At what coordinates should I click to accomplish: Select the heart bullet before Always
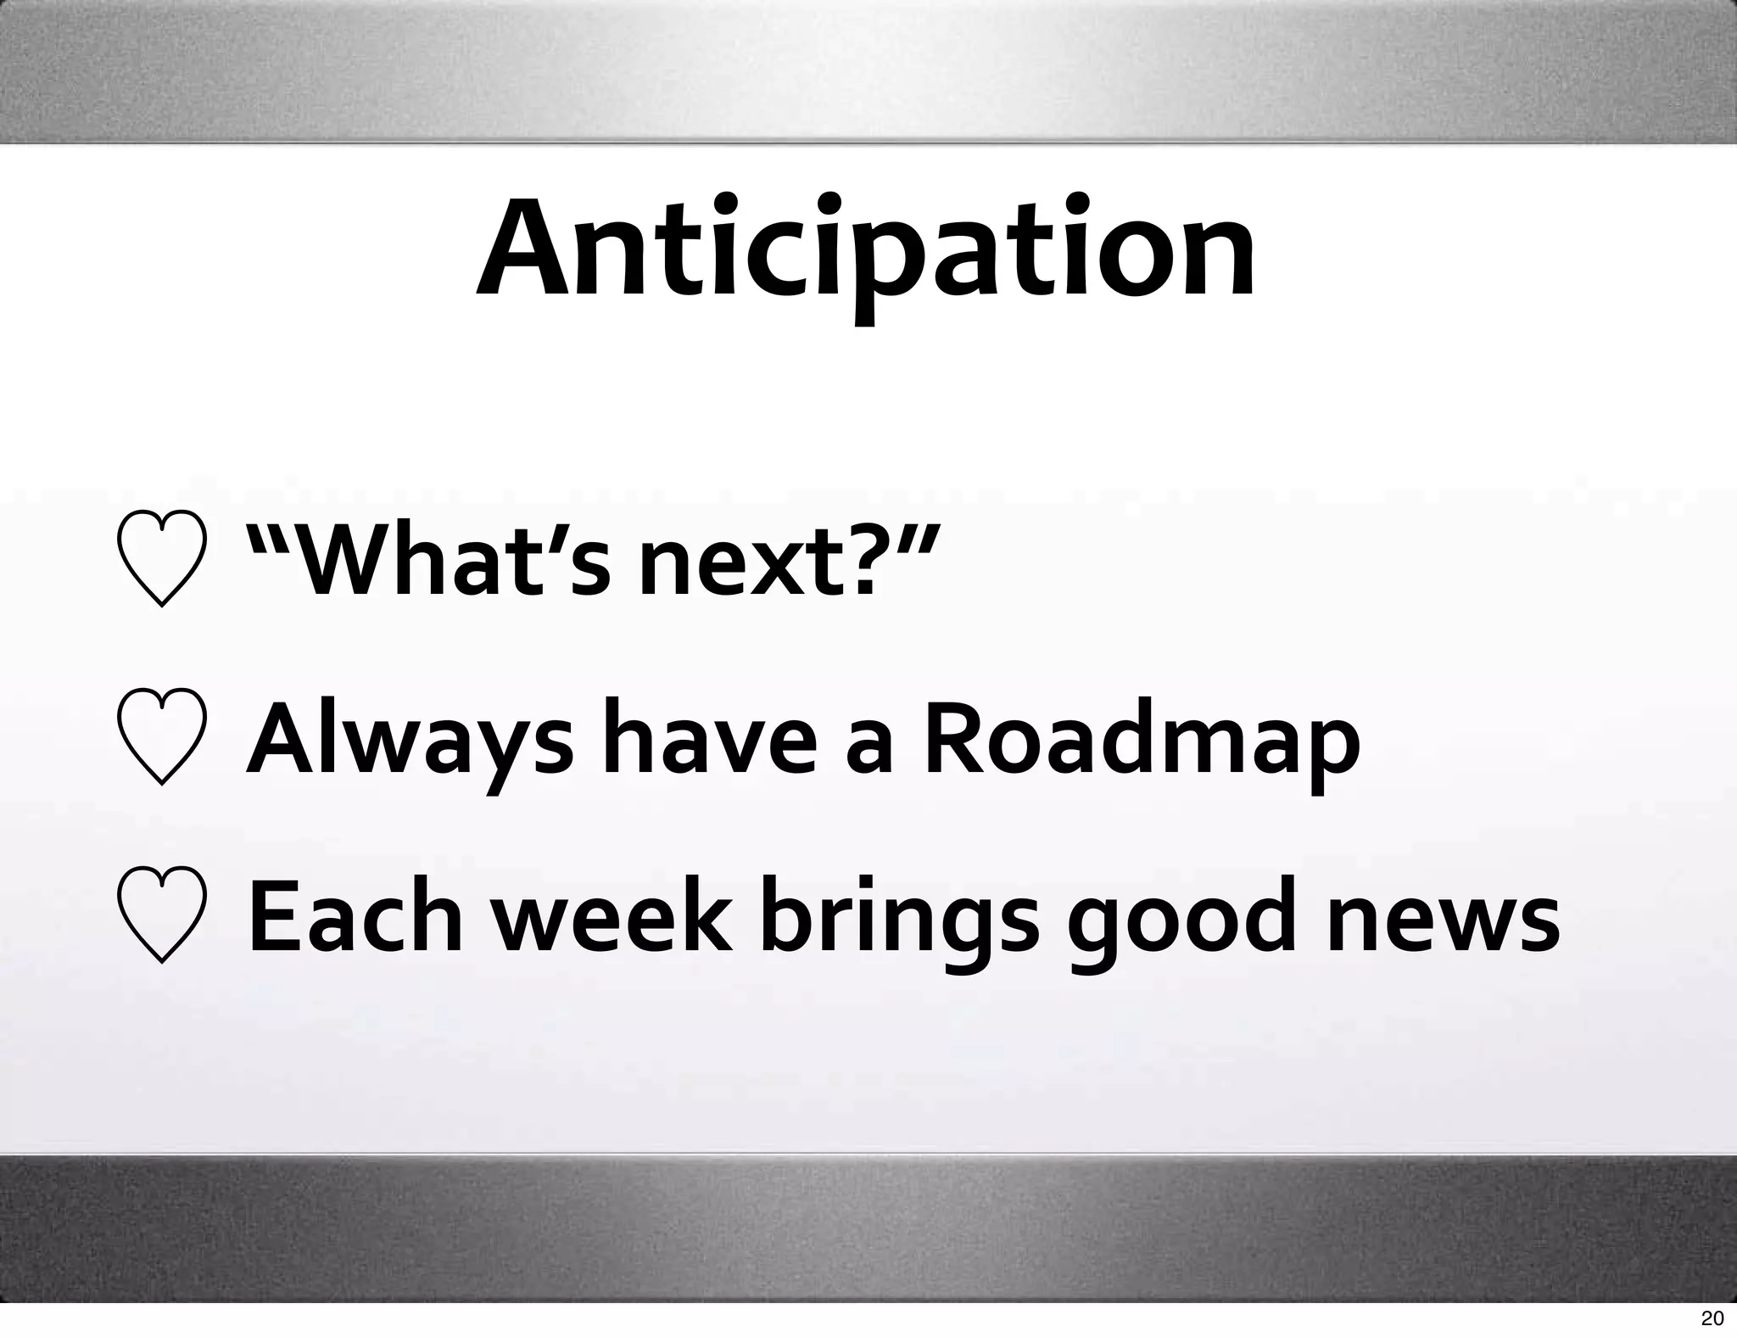pos(161,738)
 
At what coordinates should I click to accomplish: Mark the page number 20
pos(1712,1318)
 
